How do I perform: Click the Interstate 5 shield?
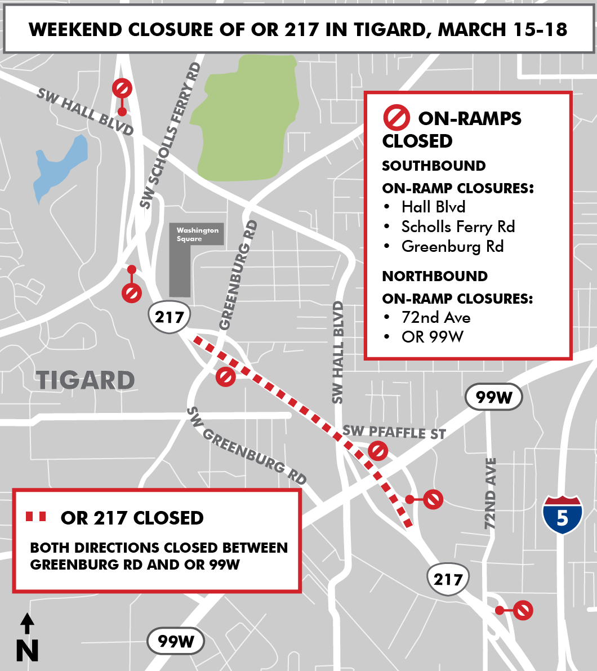click(562, 514)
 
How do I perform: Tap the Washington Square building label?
click(197, 234)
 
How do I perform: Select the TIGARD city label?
click(86, 380)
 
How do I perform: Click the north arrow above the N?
click(27, 624)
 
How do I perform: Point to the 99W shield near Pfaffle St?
click(493, 397)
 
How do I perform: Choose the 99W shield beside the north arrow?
click(175, 641)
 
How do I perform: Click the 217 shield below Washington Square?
click(170, 317)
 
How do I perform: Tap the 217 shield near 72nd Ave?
click(448, 579)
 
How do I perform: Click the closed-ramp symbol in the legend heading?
click(396, 118)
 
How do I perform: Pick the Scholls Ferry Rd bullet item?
click(458, 226)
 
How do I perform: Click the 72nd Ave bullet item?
click(435, 317)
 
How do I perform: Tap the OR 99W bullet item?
click(432, 336)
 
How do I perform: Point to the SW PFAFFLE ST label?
click(394, 433)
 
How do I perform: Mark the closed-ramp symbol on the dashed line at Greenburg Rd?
click(225, 376)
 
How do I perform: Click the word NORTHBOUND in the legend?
click(435, 276)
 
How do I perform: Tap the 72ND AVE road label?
click(491, 493)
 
